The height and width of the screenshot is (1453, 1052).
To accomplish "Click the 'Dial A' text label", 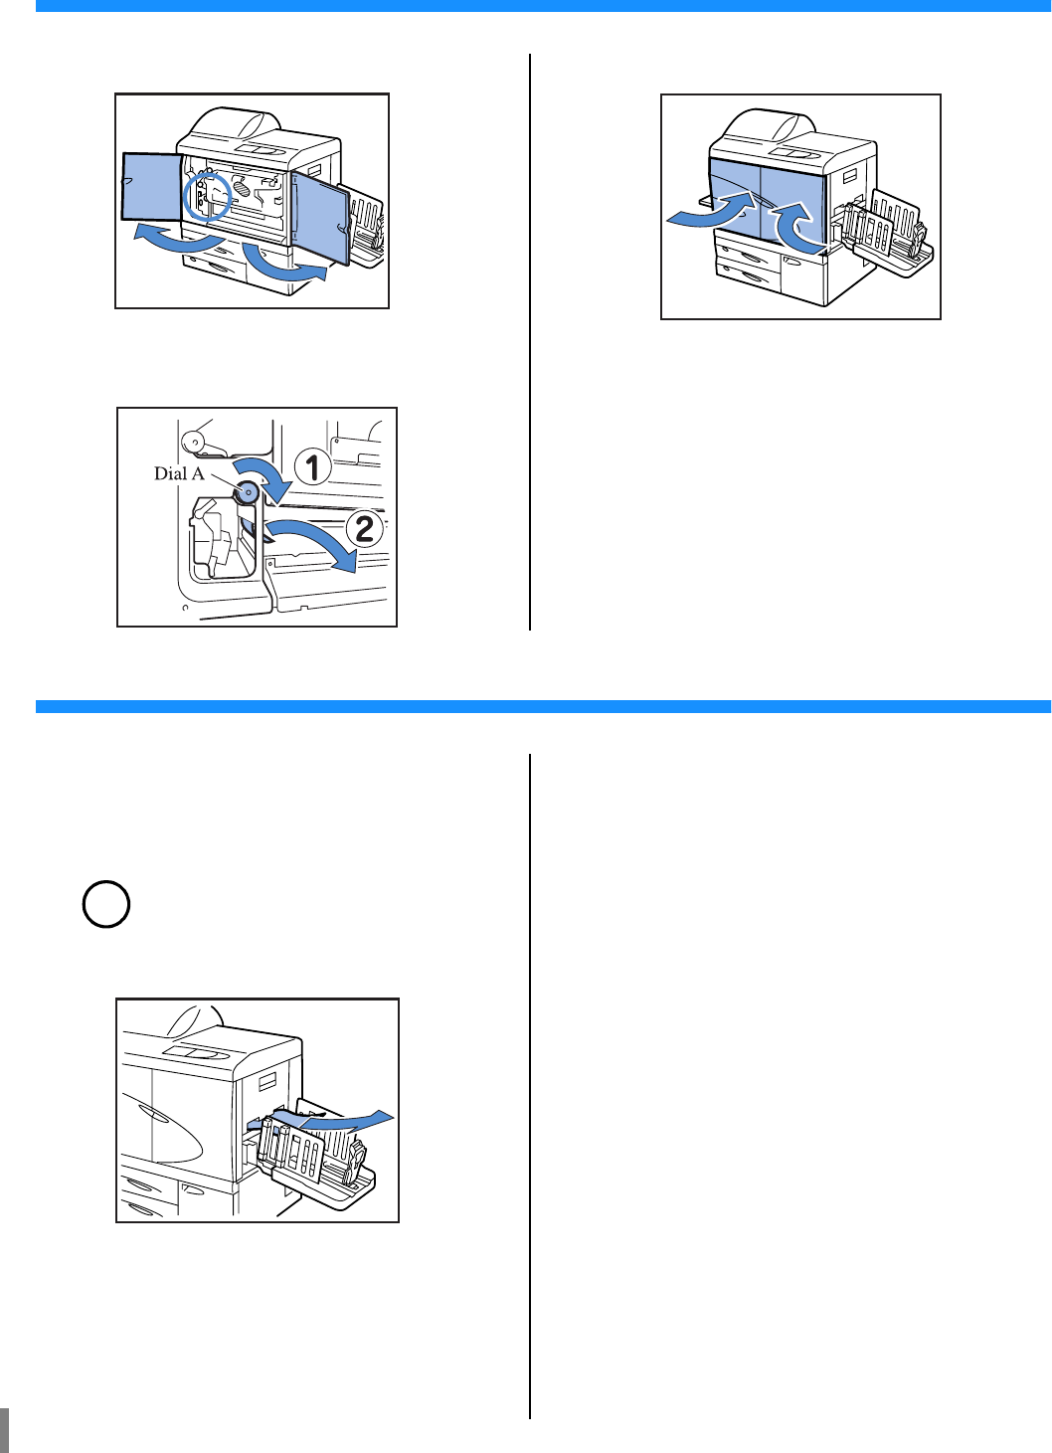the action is (x=179, y=474).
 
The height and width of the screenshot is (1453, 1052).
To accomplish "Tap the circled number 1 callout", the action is (x=312, y=467).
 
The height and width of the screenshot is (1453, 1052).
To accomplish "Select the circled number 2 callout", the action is (x=365, y=529).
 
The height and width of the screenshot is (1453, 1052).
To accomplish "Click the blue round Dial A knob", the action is (x=248, y=493).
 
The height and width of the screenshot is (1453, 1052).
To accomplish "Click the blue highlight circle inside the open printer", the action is (x=207, y=197).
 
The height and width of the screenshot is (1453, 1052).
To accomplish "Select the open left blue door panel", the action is (x=152, y=187).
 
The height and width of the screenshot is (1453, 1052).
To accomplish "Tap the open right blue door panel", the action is (x=320, y=217).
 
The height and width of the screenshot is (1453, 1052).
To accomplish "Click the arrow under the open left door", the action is (x=178, y=242).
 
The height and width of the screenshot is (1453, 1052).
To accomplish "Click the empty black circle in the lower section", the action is (x=106, y=904).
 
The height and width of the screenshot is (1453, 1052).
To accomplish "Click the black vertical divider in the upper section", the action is (x=530, y=342).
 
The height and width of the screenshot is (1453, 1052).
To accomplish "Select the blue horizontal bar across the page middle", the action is (x=544, y=706).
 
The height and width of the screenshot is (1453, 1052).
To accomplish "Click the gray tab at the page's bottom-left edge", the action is (x=4, y=1426).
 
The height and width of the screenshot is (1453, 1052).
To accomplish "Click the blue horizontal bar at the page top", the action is (x=544, y=6).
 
